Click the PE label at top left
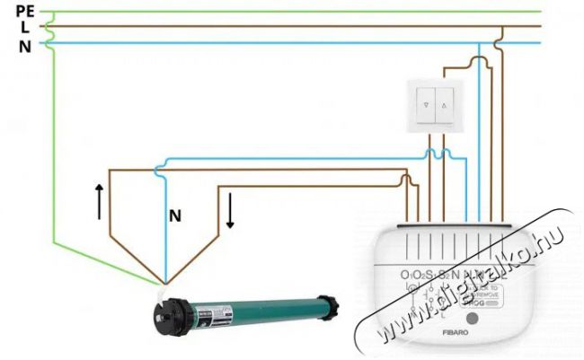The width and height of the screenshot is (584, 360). coord(25,11)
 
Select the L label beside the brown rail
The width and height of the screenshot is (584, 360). coord(26,28)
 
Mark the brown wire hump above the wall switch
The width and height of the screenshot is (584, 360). coord(481,59)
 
